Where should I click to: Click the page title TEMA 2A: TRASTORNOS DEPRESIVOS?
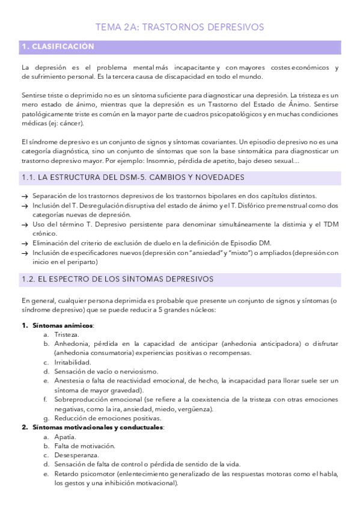coord(180,27)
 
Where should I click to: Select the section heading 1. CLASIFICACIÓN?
coord(58,46)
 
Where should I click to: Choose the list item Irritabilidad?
coord(73,362)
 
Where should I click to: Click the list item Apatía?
coord(65,436)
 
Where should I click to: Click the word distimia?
coord(269,224)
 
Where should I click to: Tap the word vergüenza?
coord(195,408)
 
